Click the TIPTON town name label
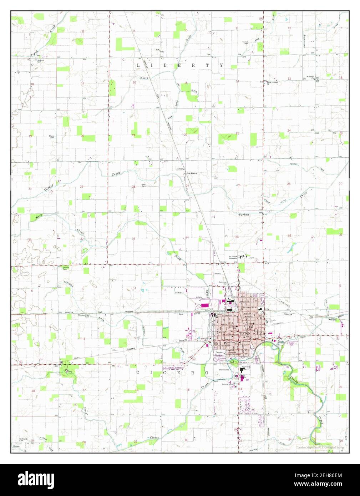[245, 333]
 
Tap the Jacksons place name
[192, 173]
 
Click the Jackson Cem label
[41, 61]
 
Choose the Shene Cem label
[52, 137]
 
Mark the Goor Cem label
[143, 185]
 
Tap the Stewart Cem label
[66, 268]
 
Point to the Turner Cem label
[245, 43]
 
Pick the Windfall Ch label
[310, 77]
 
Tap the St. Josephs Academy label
[233, 257]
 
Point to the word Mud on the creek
[36, 54]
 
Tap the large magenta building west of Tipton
[205, 305]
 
